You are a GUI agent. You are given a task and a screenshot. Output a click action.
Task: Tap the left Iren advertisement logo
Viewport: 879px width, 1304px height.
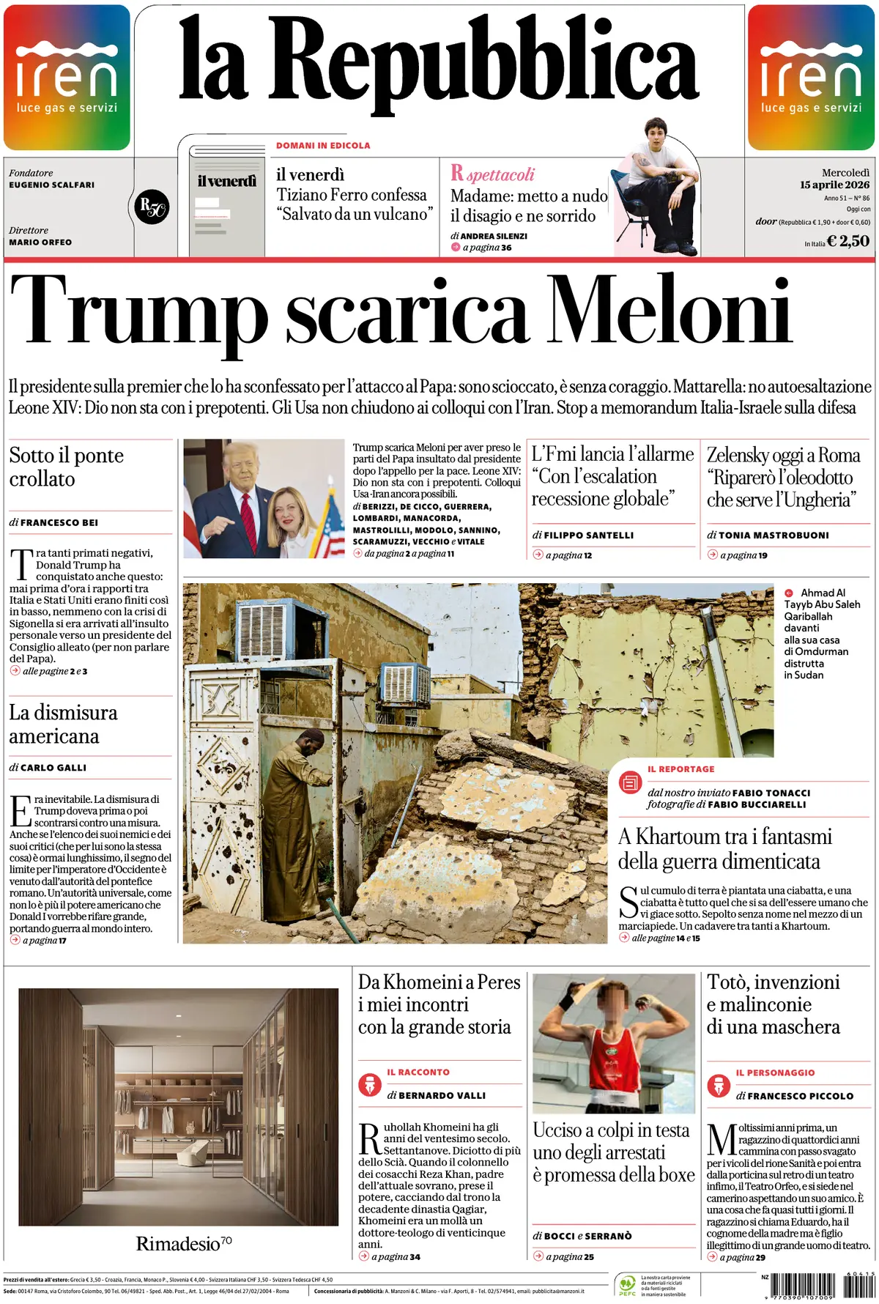tap(67, 78)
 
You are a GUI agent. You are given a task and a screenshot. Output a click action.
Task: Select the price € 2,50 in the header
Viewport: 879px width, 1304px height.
tap(848, 241)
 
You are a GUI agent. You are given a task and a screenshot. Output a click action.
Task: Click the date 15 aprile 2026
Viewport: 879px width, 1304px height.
tap(834, 185)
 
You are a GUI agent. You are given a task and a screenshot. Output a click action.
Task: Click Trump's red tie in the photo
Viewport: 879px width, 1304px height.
tap(249, 520)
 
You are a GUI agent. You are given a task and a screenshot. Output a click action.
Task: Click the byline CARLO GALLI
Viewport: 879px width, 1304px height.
tap(53, 768)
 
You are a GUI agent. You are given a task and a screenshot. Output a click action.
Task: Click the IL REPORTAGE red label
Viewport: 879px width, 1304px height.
tap(680, 769)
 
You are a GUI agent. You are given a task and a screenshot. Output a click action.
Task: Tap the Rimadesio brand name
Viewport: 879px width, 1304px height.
tap(178, 1244)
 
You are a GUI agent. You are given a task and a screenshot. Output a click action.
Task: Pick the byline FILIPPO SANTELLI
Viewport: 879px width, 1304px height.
tap(588, 536)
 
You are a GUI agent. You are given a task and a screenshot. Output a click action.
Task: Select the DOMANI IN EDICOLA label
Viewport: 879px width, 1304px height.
tap(323, 146)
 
